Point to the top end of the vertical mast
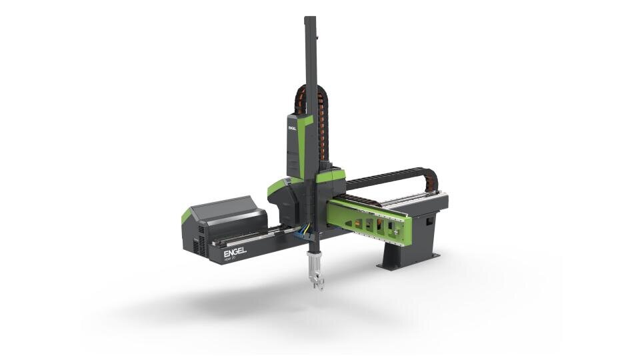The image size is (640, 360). pyautogui.click(x=309, y=20)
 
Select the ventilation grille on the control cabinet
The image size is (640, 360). pyautogui.click(x=196, y=243)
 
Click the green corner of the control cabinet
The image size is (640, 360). pyautogui.click(x=185, y=215)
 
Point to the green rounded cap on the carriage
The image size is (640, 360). pyautogui.click(x=278, y=188)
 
